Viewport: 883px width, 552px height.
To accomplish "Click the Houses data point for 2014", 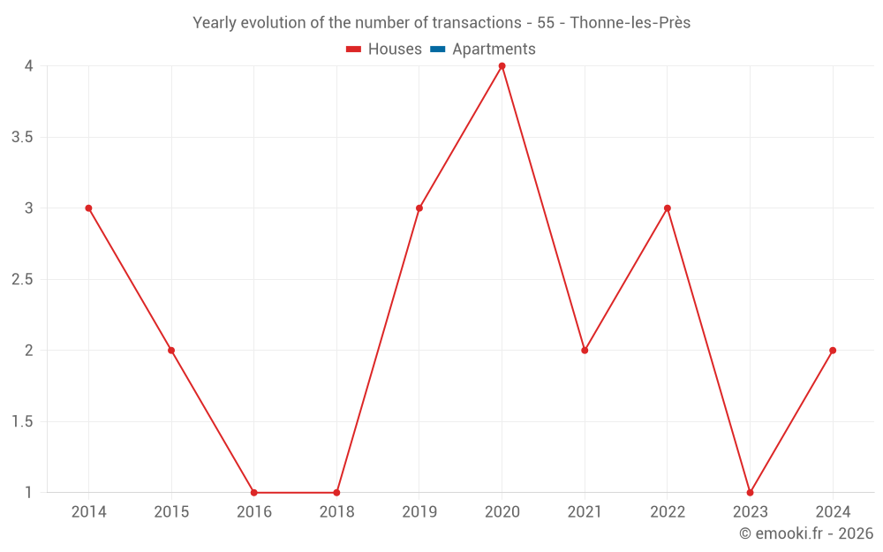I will click(88, 208).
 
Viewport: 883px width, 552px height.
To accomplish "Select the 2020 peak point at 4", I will click(502, 66).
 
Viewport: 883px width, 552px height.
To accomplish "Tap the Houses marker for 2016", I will click(254, 492).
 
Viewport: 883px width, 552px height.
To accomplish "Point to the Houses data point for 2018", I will click(336, 492).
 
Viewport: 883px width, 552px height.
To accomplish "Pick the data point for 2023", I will click(750, 492).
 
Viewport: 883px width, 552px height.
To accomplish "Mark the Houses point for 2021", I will click(585, 351).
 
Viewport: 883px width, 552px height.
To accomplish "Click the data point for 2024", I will click(833, 351).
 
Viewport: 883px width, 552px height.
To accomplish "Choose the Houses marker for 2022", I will click(668, 208).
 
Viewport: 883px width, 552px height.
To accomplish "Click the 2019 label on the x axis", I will click(419, 511).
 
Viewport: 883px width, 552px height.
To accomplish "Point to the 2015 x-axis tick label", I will click(171, 511).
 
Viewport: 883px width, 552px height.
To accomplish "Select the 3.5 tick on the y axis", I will click(23, 137).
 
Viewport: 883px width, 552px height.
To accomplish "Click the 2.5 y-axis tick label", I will click(23, 279).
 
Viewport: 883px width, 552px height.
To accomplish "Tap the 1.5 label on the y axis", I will click(23, 421).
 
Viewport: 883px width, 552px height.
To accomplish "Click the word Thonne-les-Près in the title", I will click(630, 23).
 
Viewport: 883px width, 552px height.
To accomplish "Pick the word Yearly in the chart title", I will click(215, 23).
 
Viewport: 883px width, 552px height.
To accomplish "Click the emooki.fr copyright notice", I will click(806, 533).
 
